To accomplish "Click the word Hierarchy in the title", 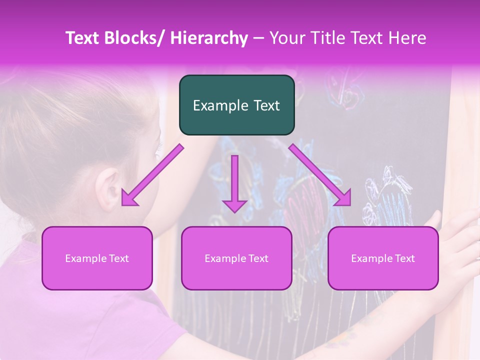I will (209, 38).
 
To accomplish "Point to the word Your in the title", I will (286, 38).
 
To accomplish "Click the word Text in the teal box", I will (266, 105).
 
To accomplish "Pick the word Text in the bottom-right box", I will (405, 258).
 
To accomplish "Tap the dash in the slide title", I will (258, 39).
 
